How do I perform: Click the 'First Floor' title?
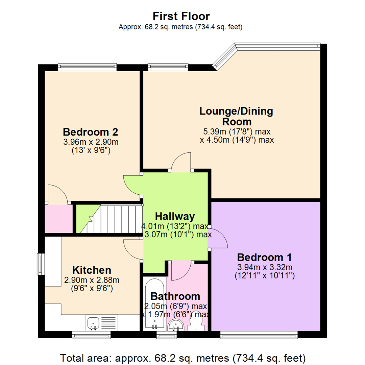pyautogui.click(x=181, y=16)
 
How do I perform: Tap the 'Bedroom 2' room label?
pyautogui.click(x=90, y=131)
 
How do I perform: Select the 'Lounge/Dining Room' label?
pyautogui.click(x=236, y=116)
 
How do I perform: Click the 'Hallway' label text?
pyautogui.click(x=175, y=216)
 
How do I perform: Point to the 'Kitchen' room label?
pyautogui.click(x=92, y=270)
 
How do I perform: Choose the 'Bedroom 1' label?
pyautogui.click(x=265, y=257)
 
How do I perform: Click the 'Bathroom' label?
pyautogui.click(x=175, y=296)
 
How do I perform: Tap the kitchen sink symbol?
pyautogui.click(x=93, y=323)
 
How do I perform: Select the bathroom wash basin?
pyautogui.click(x=176, y=325)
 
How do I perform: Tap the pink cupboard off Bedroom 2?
pyautogui.click(x=59, y=219)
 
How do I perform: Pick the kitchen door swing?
pyautogui.click(x=133, y=249)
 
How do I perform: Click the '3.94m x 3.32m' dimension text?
pyautogui.click(x=265, y=267)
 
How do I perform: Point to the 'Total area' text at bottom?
pyautogui.click(x=182, y=357)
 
